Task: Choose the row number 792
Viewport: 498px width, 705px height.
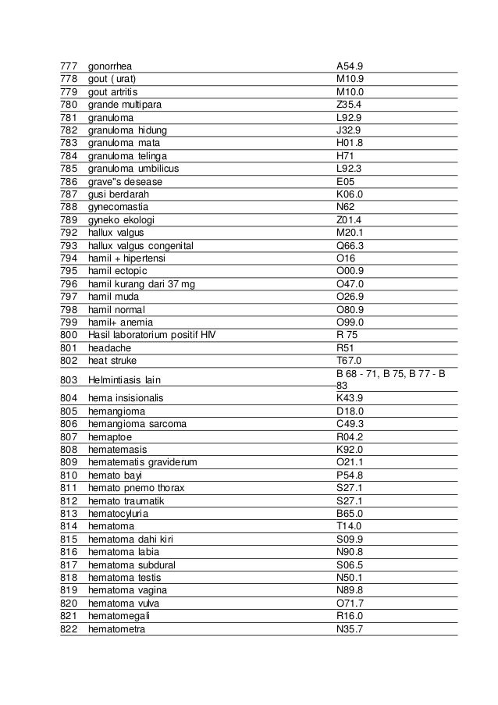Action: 69,233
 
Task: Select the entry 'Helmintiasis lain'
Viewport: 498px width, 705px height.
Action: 125,379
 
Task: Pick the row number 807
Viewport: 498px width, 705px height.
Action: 69,436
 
